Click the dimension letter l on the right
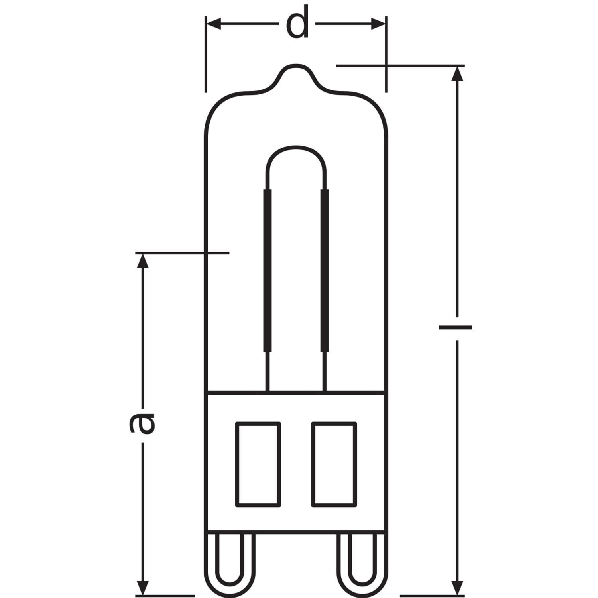pyautogui.click(x=455, y=327)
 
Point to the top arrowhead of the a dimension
pyautogui.click(x=143, y=261)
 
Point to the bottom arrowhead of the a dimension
pyautogui.click(x=143, y=588)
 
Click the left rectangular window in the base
pyautogui.click(x=258, y=464)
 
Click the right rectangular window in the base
pyautogui.click(x=334, y=464)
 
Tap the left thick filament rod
pyautogui.click(x=267, y=271)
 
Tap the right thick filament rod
pyautogui.click(x=325, y=271)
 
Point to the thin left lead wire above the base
pyautogui.click(x=267, y=371)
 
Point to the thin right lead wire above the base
pyautogui.click(x=325, y=371)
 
